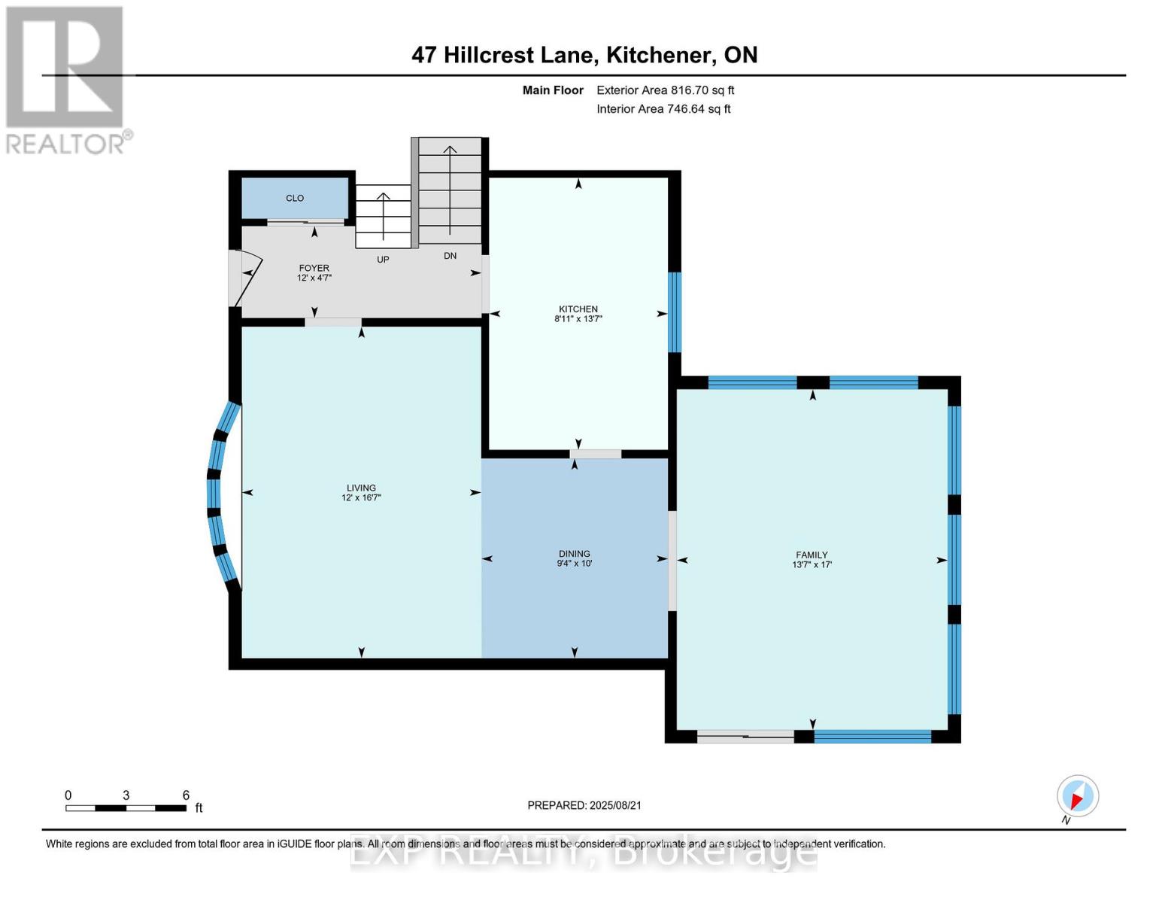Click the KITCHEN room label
pyautogui.click(x=578, y=309)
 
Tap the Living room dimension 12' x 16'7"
pyautogui.click(x=361, y=497)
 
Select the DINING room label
pyautogui.click(x=574, y=553)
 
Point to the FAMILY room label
pyautogui.click(x=812, y=555)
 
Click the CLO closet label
pyautogui.click(x=295, y=198)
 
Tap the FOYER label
pyautogui.click(x=314, y=268)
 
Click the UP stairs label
pyautogui.click(x=383, y=260)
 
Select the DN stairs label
pyautogui.click(x=450, y=256)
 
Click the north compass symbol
pyautogui.click(x=1077, y=796)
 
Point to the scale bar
pyautogui.click(x=126, y=807)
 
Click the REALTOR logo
pyautogui.click(x=66, y=79)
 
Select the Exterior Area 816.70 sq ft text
pyautogui.click(x=665, y=90)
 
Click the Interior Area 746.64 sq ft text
pyautogui.click(x=663, y=109)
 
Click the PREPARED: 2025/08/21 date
pyautogui.click(x=584, y=805)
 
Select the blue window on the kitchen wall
pyautogui.click(x=675, y=312)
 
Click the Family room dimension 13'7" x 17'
pyautogui.click(x=812, y=564)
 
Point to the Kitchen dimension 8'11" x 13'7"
pyautogui.click(x=578, y=319)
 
